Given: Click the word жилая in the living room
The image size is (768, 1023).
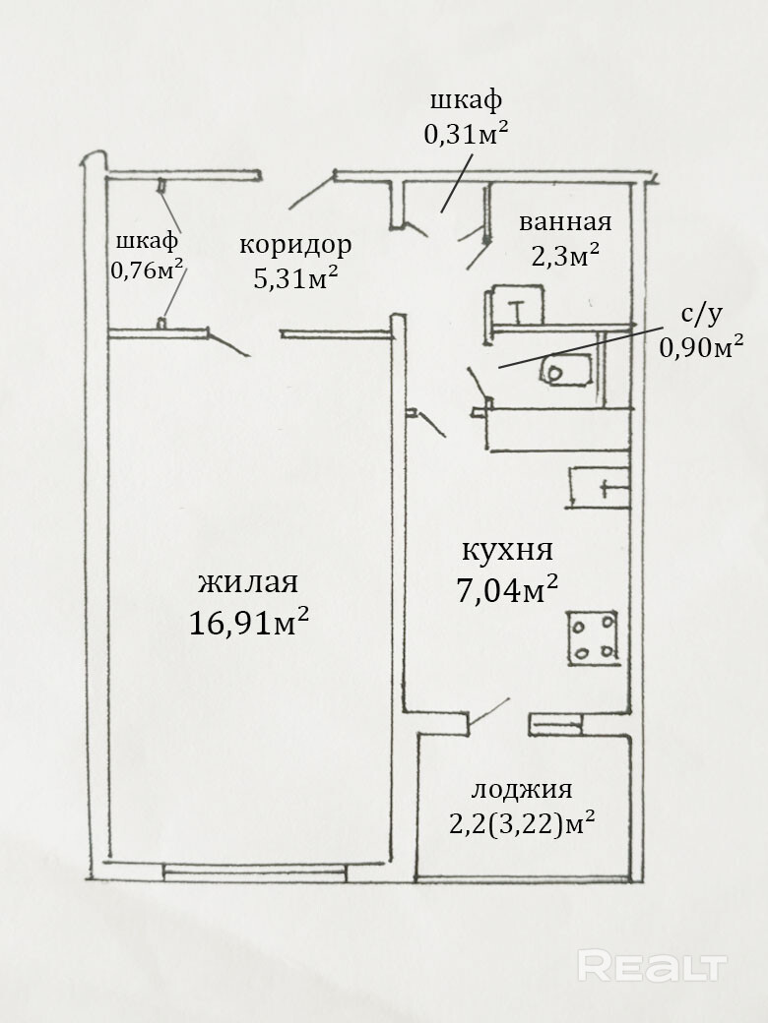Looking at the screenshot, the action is click(x=248, y=582).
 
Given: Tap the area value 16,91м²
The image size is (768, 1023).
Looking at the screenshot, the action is click(x=249, y=622).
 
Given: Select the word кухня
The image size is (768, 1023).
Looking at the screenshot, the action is click(x=507, y=551).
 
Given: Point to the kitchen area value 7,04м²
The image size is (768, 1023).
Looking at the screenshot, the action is click(x=507, y=590).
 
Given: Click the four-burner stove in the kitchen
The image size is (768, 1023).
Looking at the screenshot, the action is click(x=593, y=637).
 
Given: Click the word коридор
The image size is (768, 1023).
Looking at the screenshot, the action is click(x=295, y=245).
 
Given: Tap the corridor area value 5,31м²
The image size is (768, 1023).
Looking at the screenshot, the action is click(x=295, y=279).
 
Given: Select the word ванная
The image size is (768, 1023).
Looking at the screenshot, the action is click(x=565, y=222).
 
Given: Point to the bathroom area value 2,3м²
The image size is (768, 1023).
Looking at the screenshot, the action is click(x=565, y=257).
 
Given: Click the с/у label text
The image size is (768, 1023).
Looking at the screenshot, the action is click(x=701, y=315).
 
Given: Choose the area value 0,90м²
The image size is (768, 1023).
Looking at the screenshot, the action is click(x=701, y=348).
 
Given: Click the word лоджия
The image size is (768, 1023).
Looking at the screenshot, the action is click(x=522, y=790).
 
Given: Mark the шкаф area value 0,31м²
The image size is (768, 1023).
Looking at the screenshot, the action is click(x=467, y=135).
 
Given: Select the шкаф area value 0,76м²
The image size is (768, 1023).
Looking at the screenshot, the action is click(x=147, y=270).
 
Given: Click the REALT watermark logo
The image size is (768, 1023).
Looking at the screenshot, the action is click(x=653, y=966).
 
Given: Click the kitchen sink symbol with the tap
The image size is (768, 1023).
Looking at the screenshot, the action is click(x=599, y=487).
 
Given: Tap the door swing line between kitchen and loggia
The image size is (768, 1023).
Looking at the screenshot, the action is click(x=489, y=712).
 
